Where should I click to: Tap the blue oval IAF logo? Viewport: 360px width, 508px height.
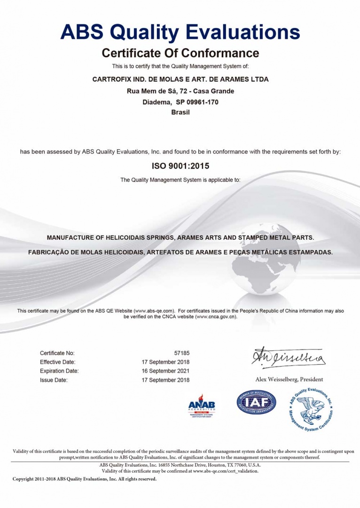(256, 402)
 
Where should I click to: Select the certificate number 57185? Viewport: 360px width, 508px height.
(182, 353)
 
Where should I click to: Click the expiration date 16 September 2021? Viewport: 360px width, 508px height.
(166, 371)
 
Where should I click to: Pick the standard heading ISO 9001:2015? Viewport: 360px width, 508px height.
(180, 166)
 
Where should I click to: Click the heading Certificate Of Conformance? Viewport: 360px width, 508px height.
(180, 52)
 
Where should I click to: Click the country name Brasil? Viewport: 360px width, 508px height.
(180, 112)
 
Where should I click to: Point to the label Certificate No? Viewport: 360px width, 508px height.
(57, 353)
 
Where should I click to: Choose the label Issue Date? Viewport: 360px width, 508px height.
(54, 380)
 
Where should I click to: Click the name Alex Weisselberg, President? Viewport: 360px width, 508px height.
(289, 379)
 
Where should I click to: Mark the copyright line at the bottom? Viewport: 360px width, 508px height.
(85, 479)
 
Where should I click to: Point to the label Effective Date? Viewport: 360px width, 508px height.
(57, 362)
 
